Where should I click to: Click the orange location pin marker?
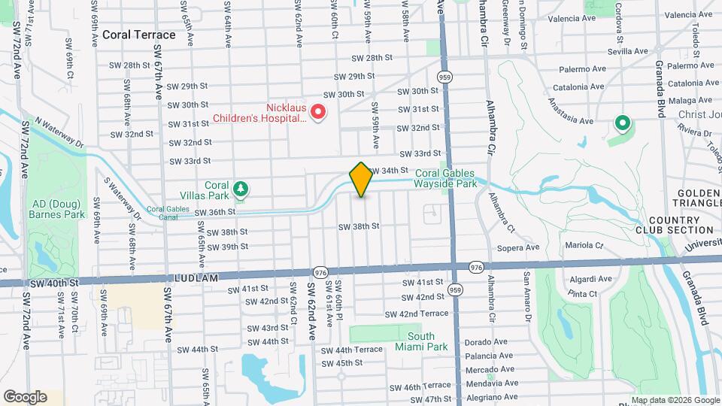(361, 180)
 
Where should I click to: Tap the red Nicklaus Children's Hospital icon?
(318, 113)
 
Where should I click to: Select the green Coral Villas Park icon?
(240, 187)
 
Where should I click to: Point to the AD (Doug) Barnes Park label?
(59, 209)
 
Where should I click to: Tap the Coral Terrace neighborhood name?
(138, 35)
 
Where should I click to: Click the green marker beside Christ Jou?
(622, 122)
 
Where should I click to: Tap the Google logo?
(25, 396)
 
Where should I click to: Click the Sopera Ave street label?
(518, 247)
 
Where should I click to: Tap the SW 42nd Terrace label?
(423, 313)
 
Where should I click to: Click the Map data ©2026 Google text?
(672, 399)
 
